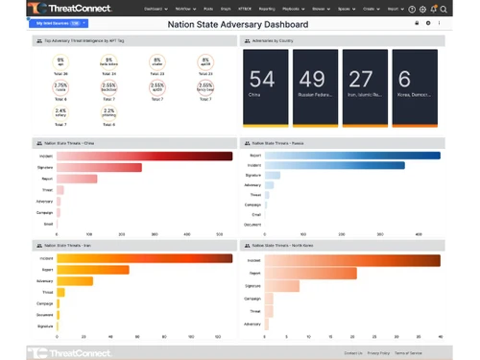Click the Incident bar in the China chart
tap(144, 156)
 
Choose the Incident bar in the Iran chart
tap(144, 258)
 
